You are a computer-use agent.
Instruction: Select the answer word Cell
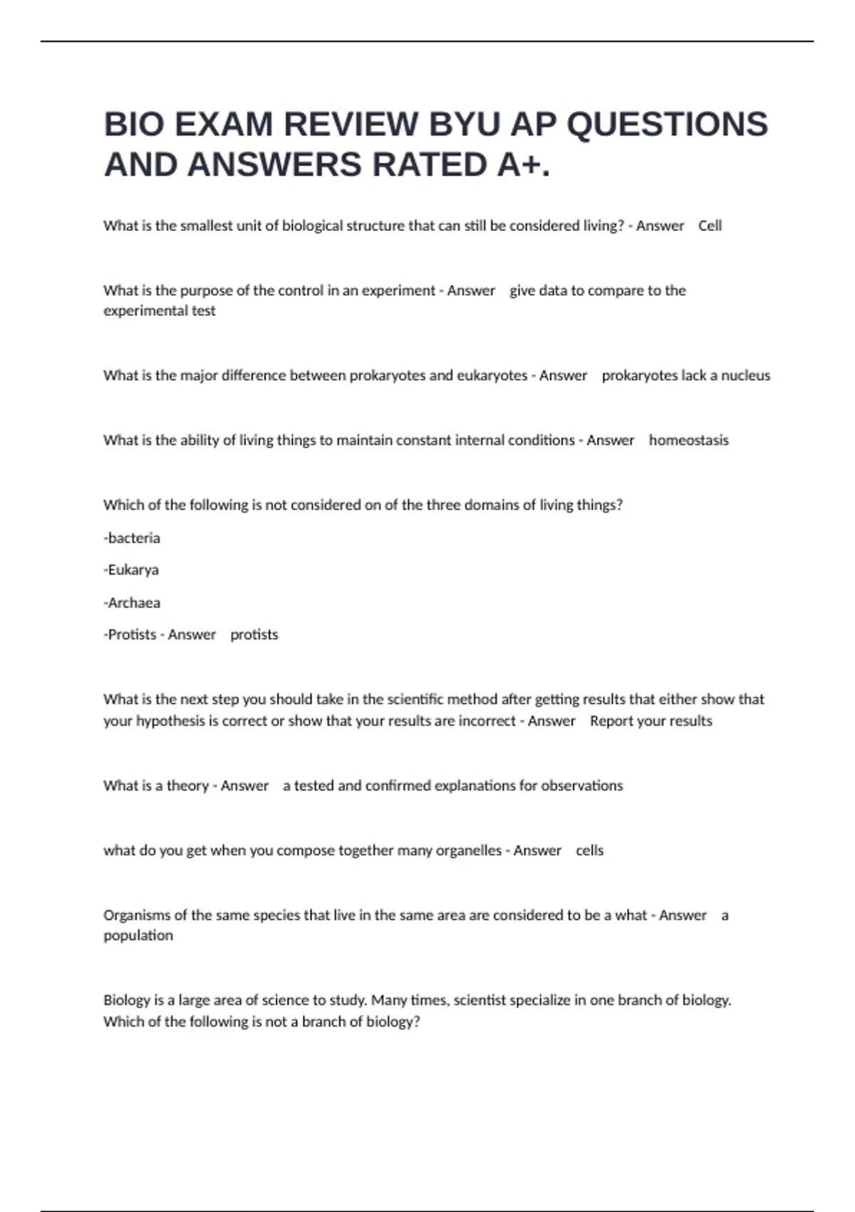point(710,226)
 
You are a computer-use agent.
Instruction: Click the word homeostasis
point(688,441)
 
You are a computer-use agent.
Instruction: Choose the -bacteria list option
point(132,538)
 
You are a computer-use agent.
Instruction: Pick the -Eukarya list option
point(131,570)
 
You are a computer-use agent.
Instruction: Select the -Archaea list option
point(132,603)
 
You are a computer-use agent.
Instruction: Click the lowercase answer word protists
point(254,635)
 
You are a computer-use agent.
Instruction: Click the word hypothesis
point(170,721)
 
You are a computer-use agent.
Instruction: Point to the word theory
point(187,786)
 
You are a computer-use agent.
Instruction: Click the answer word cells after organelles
point(589,851)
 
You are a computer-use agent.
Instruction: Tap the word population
point(138,935)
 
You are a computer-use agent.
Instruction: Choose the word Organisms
point(138,915)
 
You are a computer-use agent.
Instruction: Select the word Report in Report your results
point(611,721)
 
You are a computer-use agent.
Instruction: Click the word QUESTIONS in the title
point(667,125)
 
